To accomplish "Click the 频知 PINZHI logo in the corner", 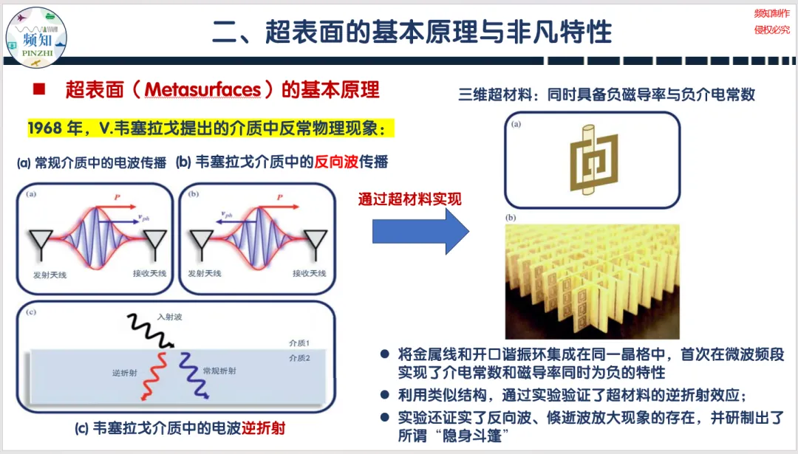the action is pos(36,36).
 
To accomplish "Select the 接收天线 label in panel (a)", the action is pos(149,273).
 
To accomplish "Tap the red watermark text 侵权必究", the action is pos(771,30).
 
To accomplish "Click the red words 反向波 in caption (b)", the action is pos(337,162).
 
